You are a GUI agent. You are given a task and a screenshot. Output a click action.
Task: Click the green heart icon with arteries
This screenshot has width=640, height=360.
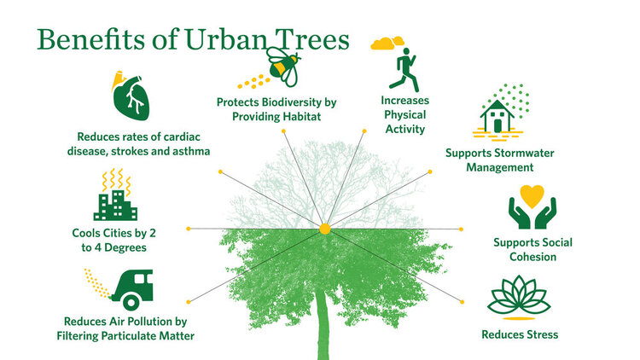point(134,99)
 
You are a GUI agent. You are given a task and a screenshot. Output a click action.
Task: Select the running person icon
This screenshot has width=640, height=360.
point(404,68)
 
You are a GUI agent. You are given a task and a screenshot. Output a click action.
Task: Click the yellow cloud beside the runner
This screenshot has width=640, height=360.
point(387,42)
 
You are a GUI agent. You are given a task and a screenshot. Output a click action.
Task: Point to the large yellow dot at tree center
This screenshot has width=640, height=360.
point(324,229)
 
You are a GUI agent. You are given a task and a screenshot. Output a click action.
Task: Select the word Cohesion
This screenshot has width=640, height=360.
point(532,257)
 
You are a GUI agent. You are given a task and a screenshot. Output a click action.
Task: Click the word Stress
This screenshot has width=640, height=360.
point(541,334)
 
